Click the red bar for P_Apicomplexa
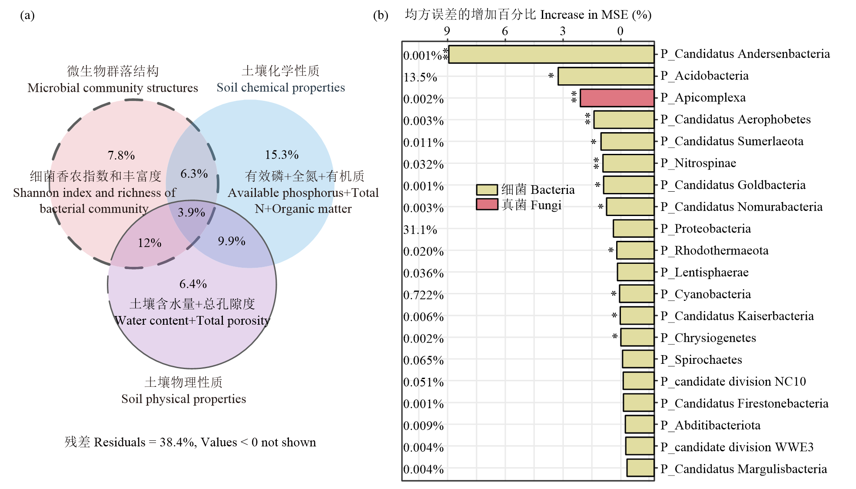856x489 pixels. coord(617,98)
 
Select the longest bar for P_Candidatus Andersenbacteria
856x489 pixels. coord(551,54)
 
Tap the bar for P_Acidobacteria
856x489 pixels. coord(606,76)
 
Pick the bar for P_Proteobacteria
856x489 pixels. coord(634,229)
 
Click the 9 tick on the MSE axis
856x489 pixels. coord(447,31)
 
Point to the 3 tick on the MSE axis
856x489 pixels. coord(563,31)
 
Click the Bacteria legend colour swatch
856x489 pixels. coord(487,190)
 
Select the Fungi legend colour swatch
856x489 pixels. coord(487,204)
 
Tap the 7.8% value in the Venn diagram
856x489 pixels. coord(121,155)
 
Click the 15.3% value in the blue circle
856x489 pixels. coord(282,155)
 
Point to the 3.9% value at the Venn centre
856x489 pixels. coord(191,212)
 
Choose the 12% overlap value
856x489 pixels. coord(149,243)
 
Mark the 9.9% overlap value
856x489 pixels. coord(232,241)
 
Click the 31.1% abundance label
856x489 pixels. coord(420,230)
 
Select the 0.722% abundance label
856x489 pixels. coord(424,295)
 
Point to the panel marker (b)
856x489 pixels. coord(381,15)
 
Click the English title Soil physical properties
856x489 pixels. coord(183,399)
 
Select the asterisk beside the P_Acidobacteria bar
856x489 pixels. coord(551,76)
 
